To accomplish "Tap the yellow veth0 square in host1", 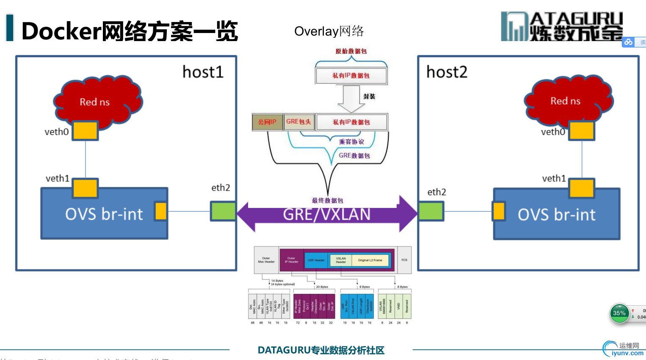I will [x=85, y=130].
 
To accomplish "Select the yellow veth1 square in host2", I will [x=582, y=188].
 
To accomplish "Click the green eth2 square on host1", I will [x=223, y=211].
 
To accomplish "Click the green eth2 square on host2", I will [x=431, y=211].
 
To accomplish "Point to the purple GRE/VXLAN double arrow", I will [x=326, y=214].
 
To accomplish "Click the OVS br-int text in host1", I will [x=104, y=214].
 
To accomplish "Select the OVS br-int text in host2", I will [x=556, y=215].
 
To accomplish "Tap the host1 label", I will [x=203, y=72].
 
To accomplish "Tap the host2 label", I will [x=447, y=72].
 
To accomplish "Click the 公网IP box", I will [x=267, y=122].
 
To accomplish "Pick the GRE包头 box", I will [x=299, y=122].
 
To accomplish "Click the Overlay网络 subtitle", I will [x=329, y=31].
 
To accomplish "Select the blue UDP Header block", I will [x=316, y=260].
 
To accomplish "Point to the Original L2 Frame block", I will [x=370, y=260].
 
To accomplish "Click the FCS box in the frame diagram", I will [x=404, y=260].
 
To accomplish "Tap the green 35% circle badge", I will [x=619, y=313].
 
